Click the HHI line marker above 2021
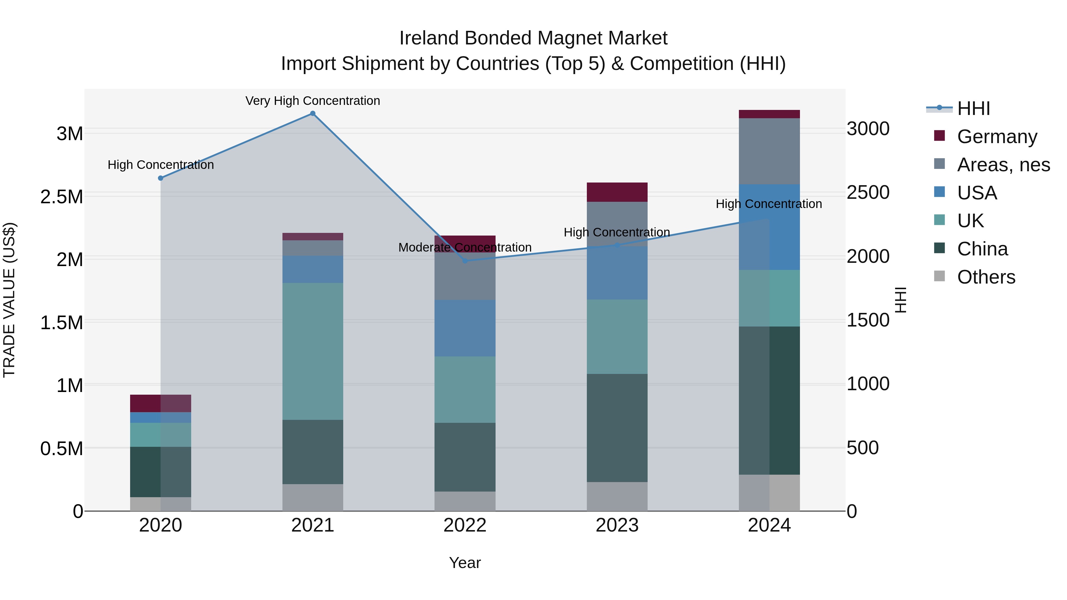click(x=313, y=113)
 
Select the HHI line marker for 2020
click(x=161, y=178)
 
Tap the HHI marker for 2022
click(x=465, y=261)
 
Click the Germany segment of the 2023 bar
click(x=617, y=192)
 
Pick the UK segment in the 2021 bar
click(x=313, y=351)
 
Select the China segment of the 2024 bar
click(x=769, y=400)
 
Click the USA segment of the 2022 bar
click(x=465, y=328)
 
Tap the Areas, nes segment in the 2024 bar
click(x=769, y=151)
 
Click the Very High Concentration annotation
click(x=313, y=101)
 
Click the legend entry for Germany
click(x=996, y=136)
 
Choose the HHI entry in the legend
click(x=973, y=108)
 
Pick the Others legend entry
click(x=986, y=277)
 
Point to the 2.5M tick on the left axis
click(x=62, y=197)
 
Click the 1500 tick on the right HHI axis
click(x=868, y=320)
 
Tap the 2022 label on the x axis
click(x=465, y=525)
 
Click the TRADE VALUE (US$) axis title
click(x=9, y=300)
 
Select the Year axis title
click(x=465, y=563)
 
